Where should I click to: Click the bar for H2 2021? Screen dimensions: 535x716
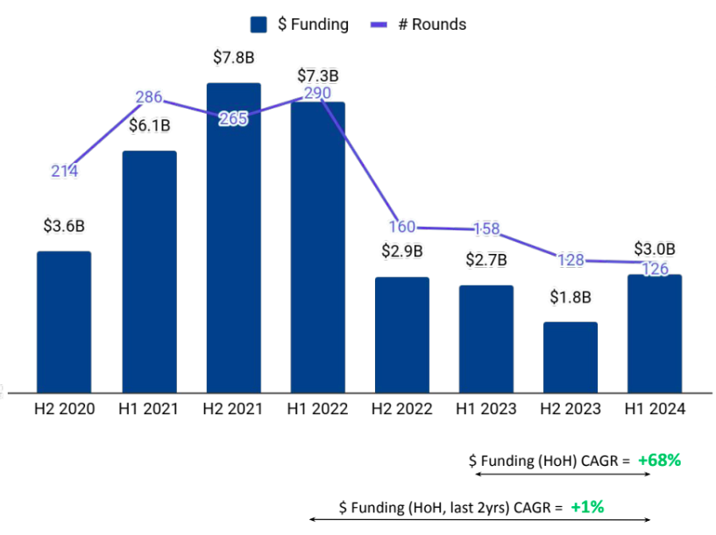(233, 237)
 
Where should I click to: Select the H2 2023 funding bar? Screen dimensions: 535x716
(571, 356)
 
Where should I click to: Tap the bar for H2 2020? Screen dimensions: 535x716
(64, 321)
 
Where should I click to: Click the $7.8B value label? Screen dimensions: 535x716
(233, 58)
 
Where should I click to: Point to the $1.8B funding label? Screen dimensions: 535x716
(571, 298)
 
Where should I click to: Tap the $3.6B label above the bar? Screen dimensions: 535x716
(64, 226)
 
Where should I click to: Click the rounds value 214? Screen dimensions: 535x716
(64, 172)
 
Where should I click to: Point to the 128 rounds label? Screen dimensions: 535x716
(571, 260)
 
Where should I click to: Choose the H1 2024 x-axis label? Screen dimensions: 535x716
(655, 409)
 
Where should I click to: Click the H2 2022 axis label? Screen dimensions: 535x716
(401, 409)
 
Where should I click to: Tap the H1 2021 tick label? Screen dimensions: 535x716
(149, 409)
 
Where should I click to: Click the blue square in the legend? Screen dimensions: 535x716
(259, 25)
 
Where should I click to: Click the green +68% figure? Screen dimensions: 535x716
(659, 460)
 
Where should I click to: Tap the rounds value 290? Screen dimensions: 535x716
(317, 94)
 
